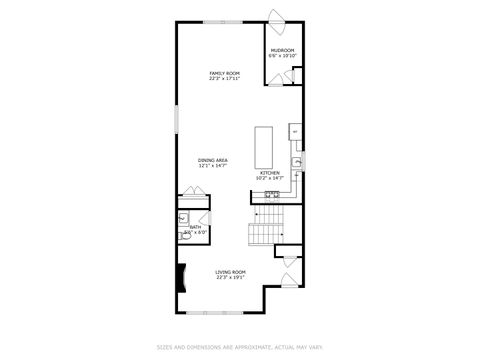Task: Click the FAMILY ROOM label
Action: pos(224,73)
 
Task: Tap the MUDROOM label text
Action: pos(283,50)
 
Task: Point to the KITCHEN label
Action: pos(271,173)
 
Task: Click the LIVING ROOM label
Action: pos(230,271)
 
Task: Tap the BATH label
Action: pos(195,228)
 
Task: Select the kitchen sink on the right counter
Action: pos(297,162)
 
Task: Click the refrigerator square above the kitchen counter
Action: pos(295,131)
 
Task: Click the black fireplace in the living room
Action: pos(181,277)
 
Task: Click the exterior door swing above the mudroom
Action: pos(279,17)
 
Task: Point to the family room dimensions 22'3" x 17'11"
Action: pos(224,79)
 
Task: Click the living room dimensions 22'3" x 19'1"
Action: pos(230,277)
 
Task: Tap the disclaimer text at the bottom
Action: pos(239,348)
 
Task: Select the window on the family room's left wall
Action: pos(177,120)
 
